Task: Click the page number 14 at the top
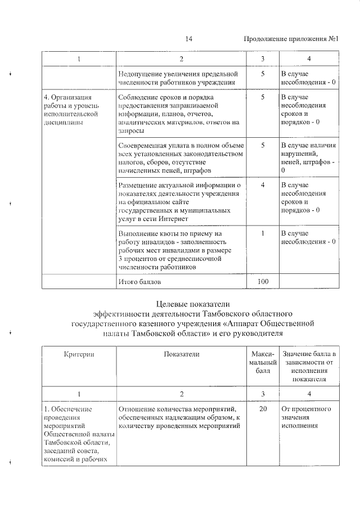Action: click(188, 39)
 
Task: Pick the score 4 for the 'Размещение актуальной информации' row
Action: click(263, 184)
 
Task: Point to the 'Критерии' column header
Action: click(79, 354)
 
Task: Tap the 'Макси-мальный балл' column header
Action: click(263, 362)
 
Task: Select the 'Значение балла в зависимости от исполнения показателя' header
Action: click(309, 366)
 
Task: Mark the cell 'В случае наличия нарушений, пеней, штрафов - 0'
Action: click(309, 157)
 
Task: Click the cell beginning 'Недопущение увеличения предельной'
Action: click(178, 78)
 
